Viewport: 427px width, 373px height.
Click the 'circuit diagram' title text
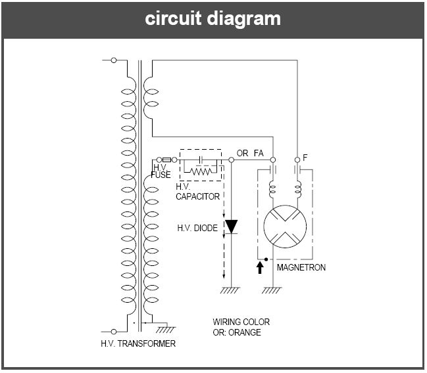(x=213, y=18)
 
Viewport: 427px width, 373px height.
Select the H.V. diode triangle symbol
(x=231, y=227)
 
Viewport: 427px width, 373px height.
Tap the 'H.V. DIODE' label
(x=197, y=228)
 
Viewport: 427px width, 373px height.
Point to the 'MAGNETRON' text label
(x=301, y=268)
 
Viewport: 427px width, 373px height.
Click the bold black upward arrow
(x=261, y=267)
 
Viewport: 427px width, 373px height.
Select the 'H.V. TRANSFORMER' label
(x=138, y=343)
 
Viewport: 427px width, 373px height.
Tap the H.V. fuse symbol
(x=167, y=160)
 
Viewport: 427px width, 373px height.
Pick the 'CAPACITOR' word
(x=198, y=196)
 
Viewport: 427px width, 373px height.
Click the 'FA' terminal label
(x=259, y=154)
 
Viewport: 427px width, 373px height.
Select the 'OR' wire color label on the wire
(x=242, y=154)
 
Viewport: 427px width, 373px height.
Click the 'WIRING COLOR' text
(x=241, y=322)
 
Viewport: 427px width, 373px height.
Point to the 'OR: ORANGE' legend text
(x=237, y=332)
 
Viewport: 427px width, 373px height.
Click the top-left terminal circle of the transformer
(x=114, y=60)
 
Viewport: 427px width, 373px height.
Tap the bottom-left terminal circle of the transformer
(x=114, y=331)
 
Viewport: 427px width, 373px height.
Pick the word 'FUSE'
(x=161, y=175)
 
